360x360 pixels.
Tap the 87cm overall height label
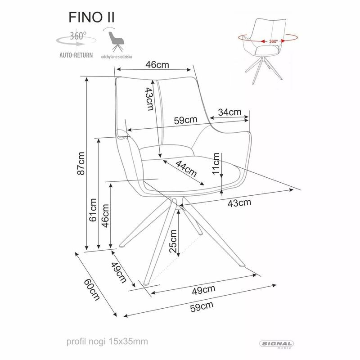point(81,163)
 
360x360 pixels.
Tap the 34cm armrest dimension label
point(229,112)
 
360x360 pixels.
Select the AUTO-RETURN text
point(76,56)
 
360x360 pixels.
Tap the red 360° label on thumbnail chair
point(273,41)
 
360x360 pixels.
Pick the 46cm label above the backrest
point(157,64)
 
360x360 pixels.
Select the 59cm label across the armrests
point(185,120)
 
